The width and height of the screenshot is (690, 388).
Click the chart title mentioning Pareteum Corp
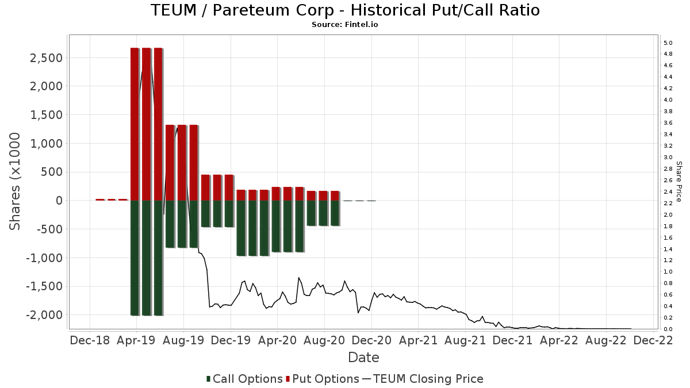point(345,10)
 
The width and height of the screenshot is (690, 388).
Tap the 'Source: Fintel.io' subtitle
point(345,25)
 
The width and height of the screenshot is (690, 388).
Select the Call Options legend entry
point(244,379)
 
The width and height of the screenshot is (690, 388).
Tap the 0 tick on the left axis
point(59,201)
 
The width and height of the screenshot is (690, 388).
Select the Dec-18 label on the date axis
point(90,340)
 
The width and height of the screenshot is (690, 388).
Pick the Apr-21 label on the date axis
point(418,340)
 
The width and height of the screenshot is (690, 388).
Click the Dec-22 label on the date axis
point(653,340)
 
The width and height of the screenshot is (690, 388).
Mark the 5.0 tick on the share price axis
point(668,43)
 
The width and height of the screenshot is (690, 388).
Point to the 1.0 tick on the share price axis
point(668,272)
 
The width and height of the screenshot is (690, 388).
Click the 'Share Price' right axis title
point(678,181)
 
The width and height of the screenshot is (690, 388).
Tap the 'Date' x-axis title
point(363,358)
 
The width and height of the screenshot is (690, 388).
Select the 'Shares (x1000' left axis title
point(15,181)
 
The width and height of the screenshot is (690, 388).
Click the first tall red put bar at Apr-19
point(135,124)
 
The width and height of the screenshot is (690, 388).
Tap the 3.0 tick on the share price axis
point(668,157)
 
